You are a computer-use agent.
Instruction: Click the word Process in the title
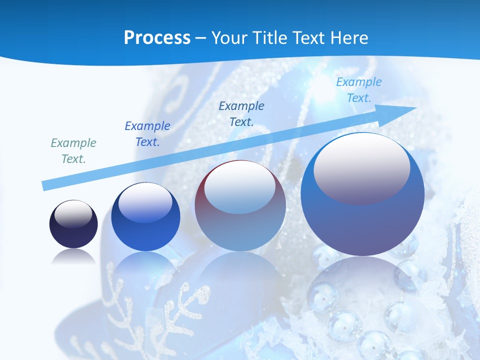coord(157,38)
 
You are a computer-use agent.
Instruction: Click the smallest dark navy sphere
coord(73,224)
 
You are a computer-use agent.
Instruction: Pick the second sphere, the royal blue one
coord(145,217)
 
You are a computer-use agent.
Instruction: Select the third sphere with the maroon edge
coord(240,206)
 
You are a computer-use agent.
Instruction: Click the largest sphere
coord(362,195)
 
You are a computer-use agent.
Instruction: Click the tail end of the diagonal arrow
coord(44,186)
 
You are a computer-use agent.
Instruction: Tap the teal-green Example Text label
coord(73,151)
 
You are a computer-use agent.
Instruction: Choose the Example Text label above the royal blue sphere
coord(147,134)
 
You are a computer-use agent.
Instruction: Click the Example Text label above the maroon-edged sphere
coord(241,113)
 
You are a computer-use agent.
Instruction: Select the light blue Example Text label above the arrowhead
coord(359,90)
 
